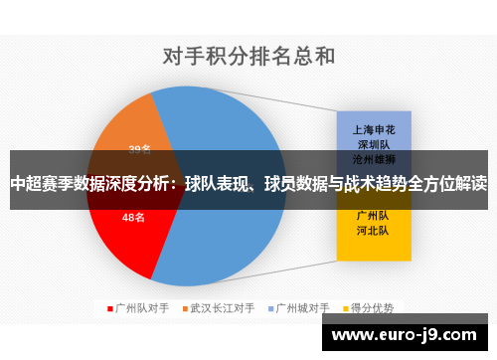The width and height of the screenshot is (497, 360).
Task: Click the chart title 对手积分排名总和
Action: tap(248, 55)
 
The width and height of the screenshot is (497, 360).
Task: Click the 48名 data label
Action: tap(133, 217)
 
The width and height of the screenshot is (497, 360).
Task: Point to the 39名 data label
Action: tap(139, 149)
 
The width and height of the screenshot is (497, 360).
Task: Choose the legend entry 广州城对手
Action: tap(302, 308)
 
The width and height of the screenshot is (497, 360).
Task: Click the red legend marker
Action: tap(109, 308)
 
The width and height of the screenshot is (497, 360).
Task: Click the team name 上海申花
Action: tap(374, 129)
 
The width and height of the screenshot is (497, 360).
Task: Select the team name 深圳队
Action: tap(374, 144)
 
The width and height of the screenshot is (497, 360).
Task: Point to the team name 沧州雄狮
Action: tap(374, 158)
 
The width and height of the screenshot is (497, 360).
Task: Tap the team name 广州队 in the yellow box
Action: tap(374, 214)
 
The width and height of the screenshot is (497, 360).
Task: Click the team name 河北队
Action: tap(374, 230)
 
